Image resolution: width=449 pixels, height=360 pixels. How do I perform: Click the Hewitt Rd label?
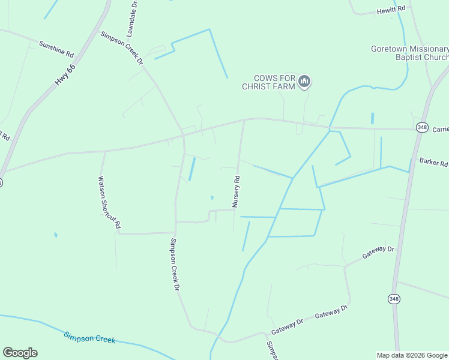pyautogui.click(x=391, y=11)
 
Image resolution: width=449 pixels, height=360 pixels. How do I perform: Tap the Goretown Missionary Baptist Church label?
pyautogui.click(x=409, y=53)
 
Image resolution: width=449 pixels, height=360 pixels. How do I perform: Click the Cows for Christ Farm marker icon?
pyautogui.click(x=304, y=82)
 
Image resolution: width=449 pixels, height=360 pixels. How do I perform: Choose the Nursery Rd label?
pyautogui.click(x=237, y=191)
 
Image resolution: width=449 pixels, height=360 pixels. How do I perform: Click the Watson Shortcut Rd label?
pyautogui.click(x=109, y=202)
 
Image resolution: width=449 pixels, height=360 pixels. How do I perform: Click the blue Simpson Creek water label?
pyautogui.click(x=89, y=338)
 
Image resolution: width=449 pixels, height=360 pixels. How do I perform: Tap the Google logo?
pyautogui.click(x=20, y=353)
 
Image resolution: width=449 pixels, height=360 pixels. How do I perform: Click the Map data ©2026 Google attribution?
pyautogui.click(x=412, y=355)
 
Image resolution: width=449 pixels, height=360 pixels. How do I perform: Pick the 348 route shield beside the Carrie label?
pyautogui.click(x=421, y=128)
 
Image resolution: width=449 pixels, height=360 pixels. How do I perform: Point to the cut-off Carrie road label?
pyautogui.click(x=441, y=129)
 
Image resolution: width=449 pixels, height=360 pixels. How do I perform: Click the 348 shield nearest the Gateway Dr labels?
pyautogui.click(x=394, y=299)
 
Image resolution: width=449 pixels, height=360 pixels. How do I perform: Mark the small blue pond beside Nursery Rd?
pyautogui.click(x=212, y=197)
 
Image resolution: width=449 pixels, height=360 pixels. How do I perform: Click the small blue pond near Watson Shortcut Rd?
pyautogui.click(x=55, y=235)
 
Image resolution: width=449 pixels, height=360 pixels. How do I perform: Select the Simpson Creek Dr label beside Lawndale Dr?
pyautogui.click(x=122, y=47)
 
